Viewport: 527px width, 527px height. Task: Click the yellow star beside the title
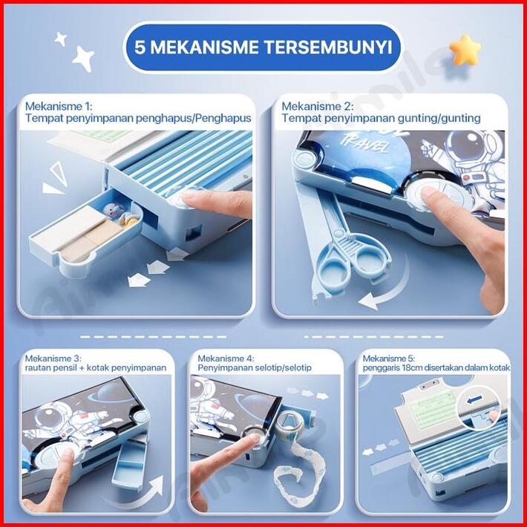465,50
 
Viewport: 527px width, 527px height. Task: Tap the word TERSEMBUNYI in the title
329,47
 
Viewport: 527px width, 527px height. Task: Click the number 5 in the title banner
140,48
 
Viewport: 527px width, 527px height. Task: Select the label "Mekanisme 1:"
58,107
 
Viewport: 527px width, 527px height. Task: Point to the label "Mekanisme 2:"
317,107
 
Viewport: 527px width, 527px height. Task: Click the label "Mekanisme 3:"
53,359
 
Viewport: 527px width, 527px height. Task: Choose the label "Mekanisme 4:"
226,359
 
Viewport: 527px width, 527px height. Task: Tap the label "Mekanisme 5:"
389,359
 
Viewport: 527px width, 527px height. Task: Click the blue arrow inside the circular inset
476,399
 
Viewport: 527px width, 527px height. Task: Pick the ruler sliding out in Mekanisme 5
390,465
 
